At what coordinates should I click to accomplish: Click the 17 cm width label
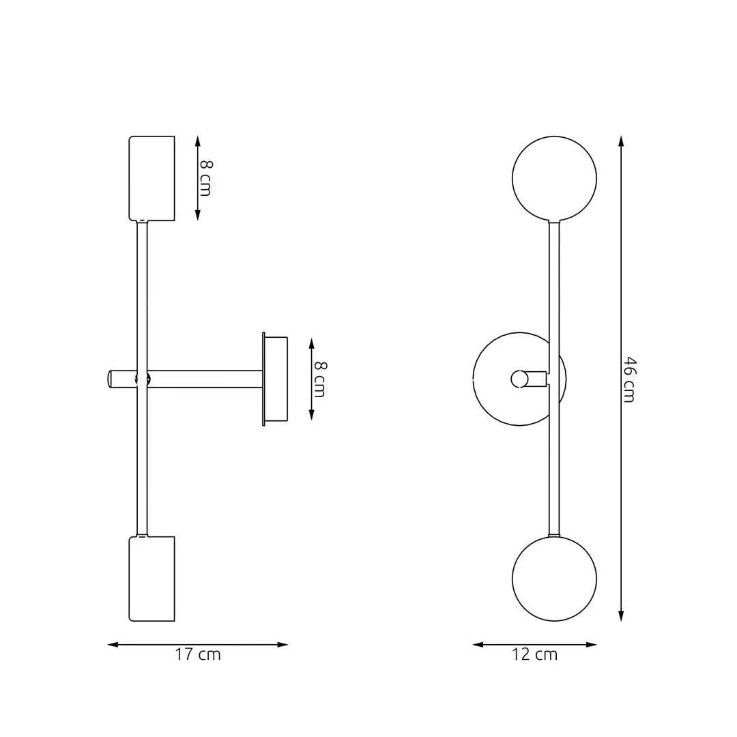(x=198, y=654)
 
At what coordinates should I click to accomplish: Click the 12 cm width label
(x=534, y=654)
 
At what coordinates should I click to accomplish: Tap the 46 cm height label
(x=628, y=379)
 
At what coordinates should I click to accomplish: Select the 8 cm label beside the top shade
(x=205, y=178)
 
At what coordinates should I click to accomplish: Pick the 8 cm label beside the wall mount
(x=319, y=379)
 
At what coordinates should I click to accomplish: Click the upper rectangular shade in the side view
(x=152, y=178)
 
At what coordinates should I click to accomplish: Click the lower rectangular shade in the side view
(x=152, y=579)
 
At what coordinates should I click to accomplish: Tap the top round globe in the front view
(x=554, y=179)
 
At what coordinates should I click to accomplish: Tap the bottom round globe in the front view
(x=554, y=579)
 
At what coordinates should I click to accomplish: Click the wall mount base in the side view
(x=275, y=379)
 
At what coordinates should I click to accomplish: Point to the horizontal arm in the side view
(x=205, y=379)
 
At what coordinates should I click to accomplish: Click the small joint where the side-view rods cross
(x=142, y=379)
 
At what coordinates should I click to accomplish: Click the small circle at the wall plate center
(x=519, y=379)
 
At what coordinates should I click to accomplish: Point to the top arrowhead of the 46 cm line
(x=620, y=141)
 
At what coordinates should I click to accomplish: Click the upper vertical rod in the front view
(x=554, y=287)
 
